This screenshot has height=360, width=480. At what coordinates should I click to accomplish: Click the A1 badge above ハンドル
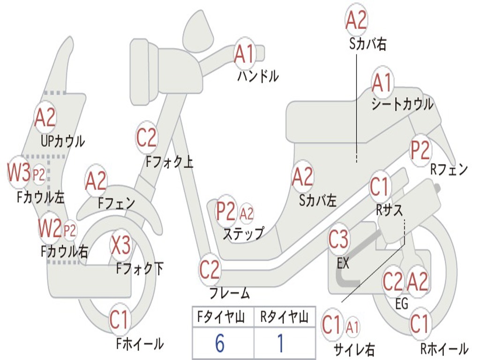click(x=244, y=54)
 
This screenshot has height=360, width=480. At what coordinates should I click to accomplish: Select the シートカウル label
click(x=402, y=104)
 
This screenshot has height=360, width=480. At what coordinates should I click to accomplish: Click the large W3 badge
click(x=19, y=173)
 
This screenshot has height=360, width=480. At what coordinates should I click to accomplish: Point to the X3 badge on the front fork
click(x=120, y=245)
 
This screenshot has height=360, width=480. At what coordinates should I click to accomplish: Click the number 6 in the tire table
click(x=219, y=344)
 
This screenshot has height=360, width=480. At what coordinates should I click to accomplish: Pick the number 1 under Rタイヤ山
click(x=280, y=344)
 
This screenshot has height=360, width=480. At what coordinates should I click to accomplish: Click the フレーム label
click(x=229, y=293)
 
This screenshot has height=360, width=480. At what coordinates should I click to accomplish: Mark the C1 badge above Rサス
click(x=380, y=187)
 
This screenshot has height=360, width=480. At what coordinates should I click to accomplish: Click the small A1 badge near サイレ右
click(x=352, y=325)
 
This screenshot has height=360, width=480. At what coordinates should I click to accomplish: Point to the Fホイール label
click(x=140, y=344)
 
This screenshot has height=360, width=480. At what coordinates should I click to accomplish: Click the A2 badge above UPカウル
click(x=45, y=118)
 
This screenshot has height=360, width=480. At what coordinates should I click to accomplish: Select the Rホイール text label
click(x=443, y=348)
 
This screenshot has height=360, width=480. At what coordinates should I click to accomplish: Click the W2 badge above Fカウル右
click(x=50, y=229)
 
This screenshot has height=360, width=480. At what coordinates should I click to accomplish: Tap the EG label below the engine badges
click(x=402, y=304)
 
